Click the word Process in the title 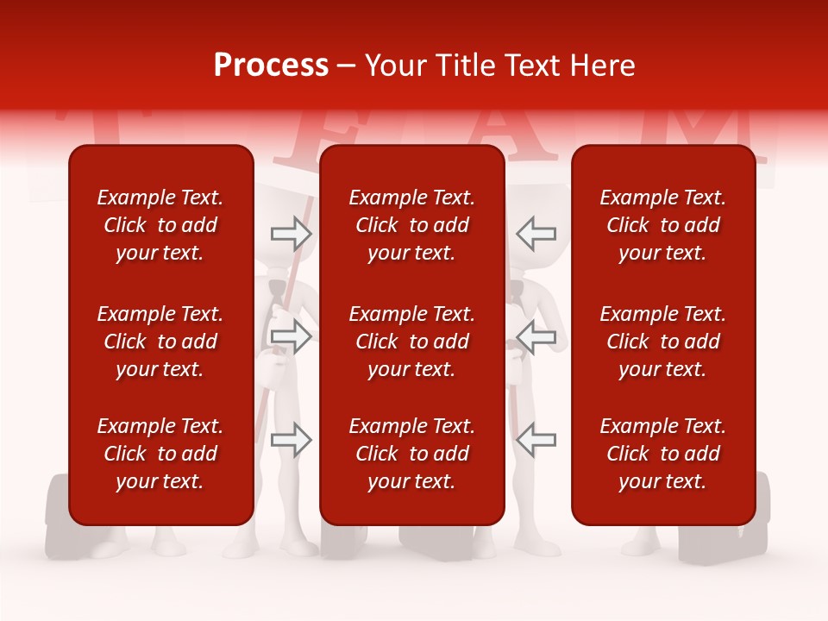tap(271, 66)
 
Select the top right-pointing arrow tap(291, 233)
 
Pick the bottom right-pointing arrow tap(291, 440)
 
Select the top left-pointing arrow tap(536, 233)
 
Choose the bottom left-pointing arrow tap(536, 440)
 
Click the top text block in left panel tap(160, 225)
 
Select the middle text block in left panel tap(160, 342)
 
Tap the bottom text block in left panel tap(160, 454)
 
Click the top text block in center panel tap(411, 225)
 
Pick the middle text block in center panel tap(411, 342)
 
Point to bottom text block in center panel tap(411, 454)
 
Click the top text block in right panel tap(662, 225)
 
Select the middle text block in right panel tap(662, 342)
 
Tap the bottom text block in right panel tap(662, 454)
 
